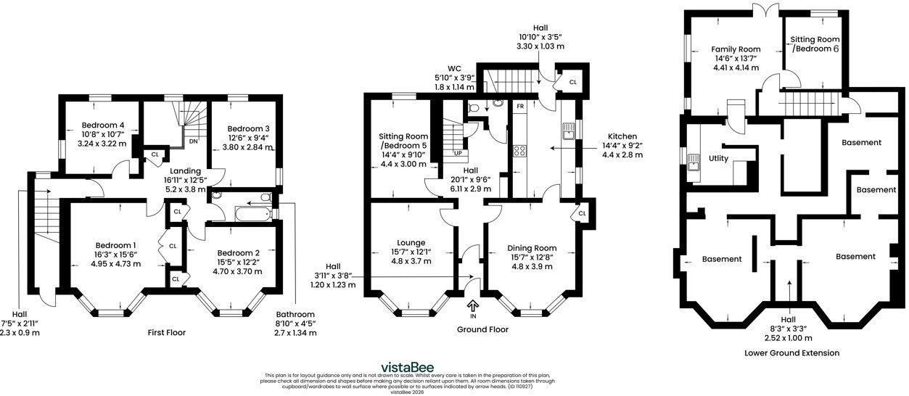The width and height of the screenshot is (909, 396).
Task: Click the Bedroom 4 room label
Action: click(103, 125)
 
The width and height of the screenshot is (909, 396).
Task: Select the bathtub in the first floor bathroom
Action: click(252, 214)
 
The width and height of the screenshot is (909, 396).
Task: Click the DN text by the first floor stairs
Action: click(194, 141)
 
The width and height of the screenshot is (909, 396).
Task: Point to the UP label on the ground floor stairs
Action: click(458, 153)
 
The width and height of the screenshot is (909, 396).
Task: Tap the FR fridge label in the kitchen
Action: click(520, 107)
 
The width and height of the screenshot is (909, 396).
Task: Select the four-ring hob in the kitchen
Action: click(519, 151)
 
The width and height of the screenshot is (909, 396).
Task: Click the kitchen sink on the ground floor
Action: click(568, 131)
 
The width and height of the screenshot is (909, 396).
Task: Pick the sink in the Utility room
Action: click(694, 163)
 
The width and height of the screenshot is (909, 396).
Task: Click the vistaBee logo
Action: click(407, 368)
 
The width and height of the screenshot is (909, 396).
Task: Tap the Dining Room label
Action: click(532, 248)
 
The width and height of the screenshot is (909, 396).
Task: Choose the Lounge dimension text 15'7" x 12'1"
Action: click(411, 252)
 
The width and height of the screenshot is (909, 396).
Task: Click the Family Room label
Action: click(736, 49)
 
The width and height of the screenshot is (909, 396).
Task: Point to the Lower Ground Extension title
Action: click(791, 353)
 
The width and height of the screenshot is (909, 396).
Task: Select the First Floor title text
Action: click(166, 333)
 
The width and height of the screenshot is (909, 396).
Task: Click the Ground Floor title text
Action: click(482, 329)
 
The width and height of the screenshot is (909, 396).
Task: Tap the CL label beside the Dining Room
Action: click(582, 213)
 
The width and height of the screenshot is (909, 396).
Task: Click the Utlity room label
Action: click(718, 158)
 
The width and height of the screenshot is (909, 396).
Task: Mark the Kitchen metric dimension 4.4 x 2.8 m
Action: click(622, 155)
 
